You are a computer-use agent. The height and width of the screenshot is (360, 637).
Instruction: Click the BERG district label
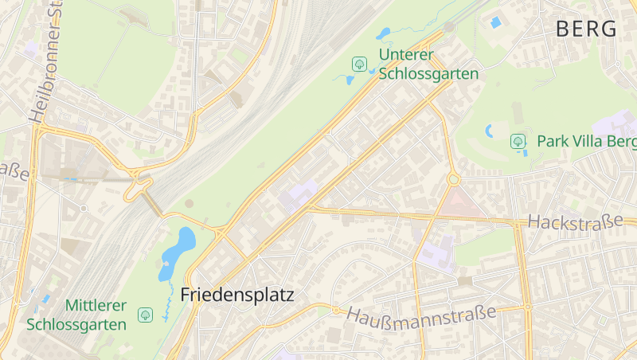(x=586, y=29)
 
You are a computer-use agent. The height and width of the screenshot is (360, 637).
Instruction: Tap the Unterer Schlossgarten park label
(x=428, y=65)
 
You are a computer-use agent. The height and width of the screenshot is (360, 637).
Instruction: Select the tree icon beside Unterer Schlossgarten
(x=359, y=64)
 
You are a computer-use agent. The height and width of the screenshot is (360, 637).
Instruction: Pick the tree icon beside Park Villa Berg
(x=518, y=142)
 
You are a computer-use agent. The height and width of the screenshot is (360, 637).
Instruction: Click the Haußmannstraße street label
(x=421, y=313)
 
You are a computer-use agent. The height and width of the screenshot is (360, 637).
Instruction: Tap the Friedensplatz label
(x=237, y=295)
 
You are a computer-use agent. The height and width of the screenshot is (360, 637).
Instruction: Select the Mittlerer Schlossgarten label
(x=76, y=315)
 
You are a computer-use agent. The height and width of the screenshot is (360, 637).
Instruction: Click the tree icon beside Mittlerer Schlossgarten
(x=145, y=315)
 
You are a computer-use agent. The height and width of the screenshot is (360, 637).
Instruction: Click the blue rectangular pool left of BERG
(x=495, y=22)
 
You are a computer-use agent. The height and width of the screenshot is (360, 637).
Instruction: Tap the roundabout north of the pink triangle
(x=454, y=179)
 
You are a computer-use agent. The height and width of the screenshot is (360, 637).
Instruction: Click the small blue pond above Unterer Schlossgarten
(x=384, y=33)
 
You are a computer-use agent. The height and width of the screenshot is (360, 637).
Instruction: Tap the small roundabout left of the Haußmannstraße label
(x=336, y=310)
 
